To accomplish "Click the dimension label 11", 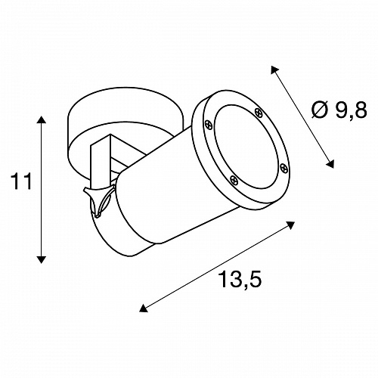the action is pyautogui.click(x=21, y=181).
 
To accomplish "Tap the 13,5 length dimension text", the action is pyautogui.click(x=240, y=279).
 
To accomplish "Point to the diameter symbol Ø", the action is pyautogui.click(x=320, y=110).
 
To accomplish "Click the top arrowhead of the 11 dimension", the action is pyautogui.click(x=42, y=119).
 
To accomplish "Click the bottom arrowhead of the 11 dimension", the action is pyautogui.click(x=42, y=260).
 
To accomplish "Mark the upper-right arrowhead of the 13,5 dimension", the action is pyautogui.click(x=291, y=225).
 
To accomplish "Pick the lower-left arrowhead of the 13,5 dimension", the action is pyautogui.click(x=143, y=308).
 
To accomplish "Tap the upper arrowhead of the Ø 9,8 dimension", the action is pyautogui.click(x=274, y=70).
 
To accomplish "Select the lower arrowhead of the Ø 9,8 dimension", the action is pyautogui.click(x=330, y=164).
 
